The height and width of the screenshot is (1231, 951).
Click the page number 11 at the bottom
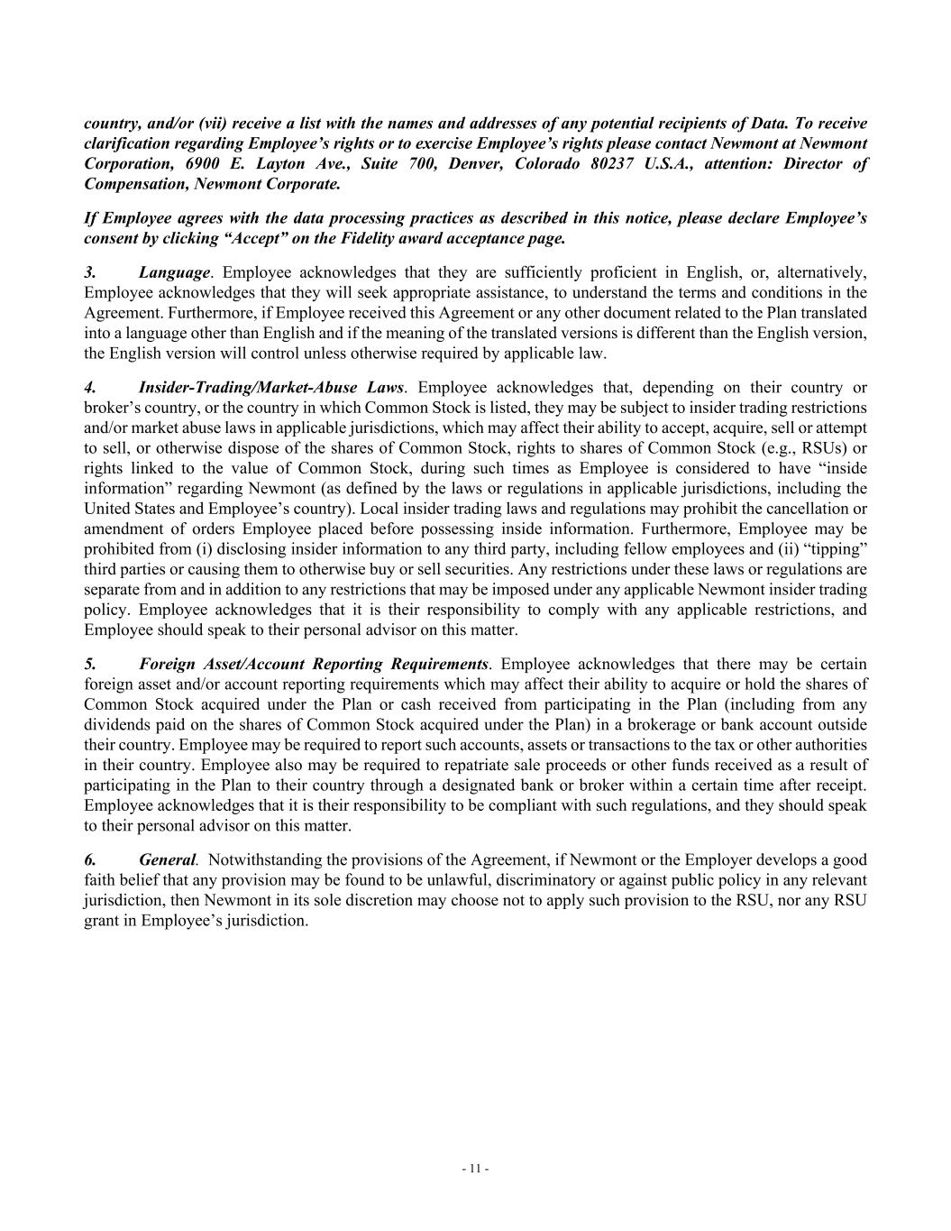475,1169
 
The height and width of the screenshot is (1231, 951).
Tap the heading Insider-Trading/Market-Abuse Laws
271,388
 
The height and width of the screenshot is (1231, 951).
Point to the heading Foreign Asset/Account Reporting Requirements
315,665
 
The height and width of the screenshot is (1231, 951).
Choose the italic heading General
167,860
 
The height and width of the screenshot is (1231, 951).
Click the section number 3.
89,272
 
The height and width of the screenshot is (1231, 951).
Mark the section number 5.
89,665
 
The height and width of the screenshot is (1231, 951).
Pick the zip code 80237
616,164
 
